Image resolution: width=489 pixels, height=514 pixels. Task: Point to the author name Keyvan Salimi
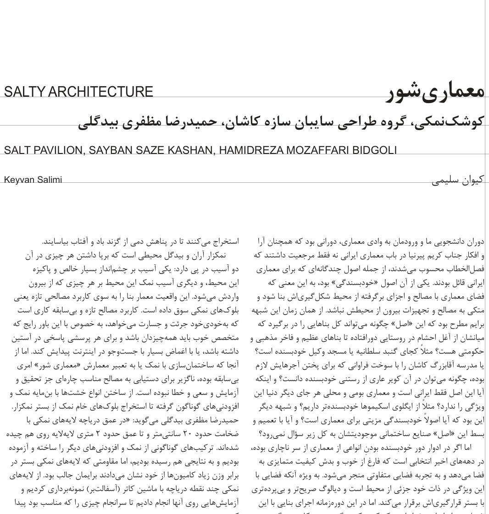click(x=33, y=180)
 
